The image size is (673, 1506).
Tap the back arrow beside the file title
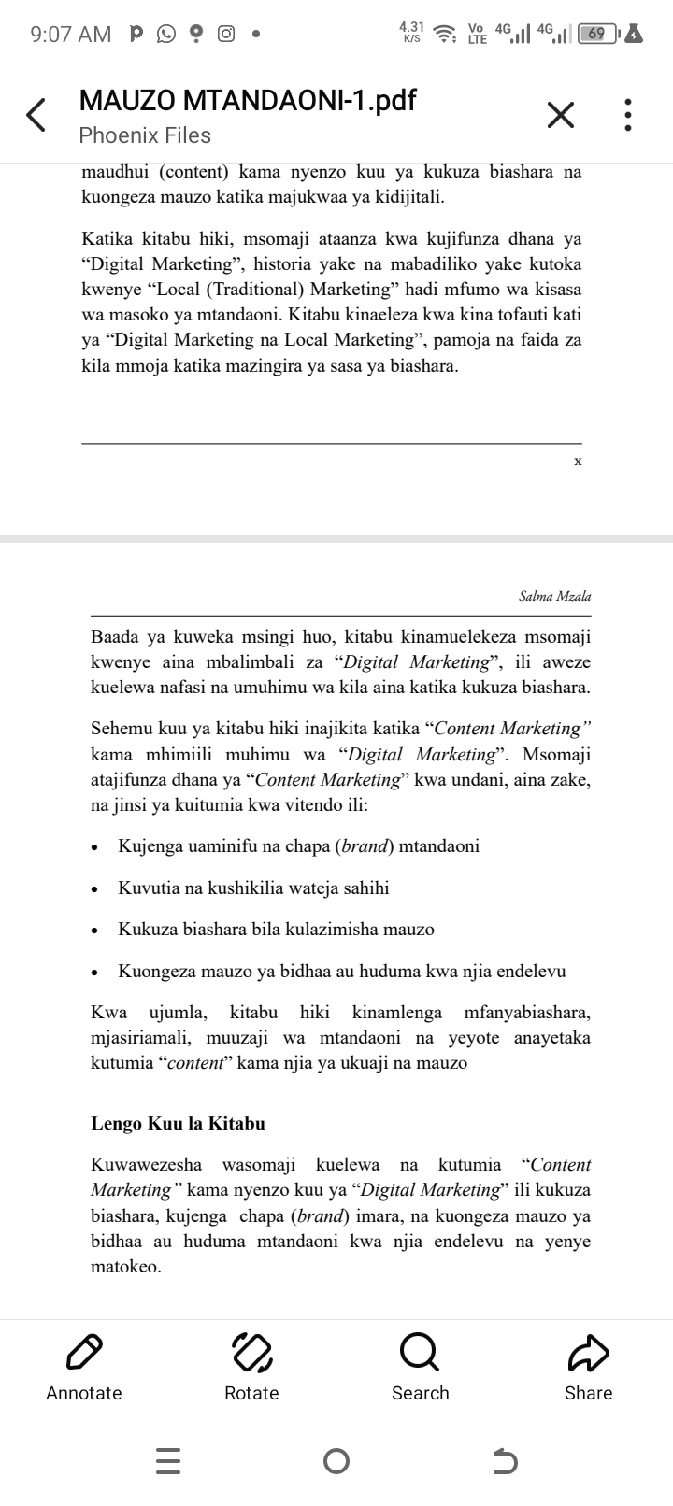click(x=36, y=116)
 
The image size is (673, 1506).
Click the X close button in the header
click(x=560, y=116)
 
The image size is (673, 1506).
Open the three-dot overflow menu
click(x=629, y=116)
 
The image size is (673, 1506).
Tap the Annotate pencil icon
click(x=84, y=1350)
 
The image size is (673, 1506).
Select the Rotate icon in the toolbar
click(x=251, y=1350)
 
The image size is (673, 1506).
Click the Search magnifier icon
click(x=419, y=1350)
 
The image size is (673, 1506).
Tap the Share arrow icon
click(x=588, y=1350)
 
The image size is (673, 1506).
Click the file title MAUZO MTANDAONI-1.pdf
click(x=248, y=100)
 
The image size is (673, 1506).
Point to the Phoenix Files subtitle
click(x=145, y=135)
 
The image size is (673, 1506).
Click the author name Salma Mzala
click(x=555, y=596)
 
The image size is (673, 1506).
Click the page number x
click(x=578, y=461)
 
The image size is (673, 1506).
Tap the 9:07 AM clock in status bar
click(x=70, y=35)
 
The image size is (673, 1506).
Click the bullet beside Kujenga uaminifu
click(x=94, y=848)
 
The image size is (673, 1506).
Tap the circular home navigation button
click(x=336, y=1460)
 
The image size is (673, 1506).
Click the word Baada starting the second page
click(x=115, y=637)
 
